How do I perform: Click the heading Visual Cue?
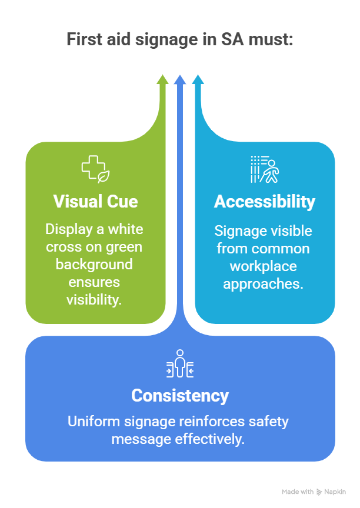click(95, 202)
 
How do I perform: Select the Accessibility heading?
click(264, 202)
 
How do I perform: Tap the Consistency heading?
click(180, 395)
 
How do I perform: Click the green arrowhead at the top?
click(162, 79)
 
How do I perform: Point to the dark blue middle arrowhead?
click(180, 79)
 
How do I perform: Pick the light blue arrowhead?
click(198, 79)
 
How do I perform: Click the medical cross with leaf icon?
click(95, 169)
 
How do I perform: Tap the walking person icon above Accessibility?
click(264, 169)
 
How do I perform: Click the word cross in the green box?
click(62, 247)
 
